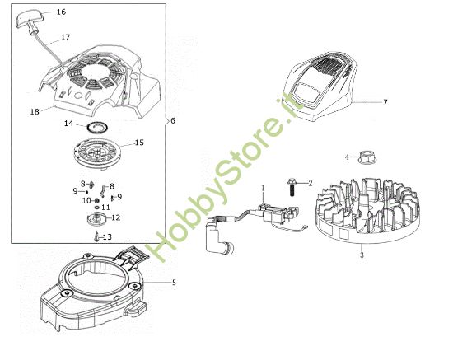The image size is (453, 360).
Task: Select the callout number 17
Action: point(66,37)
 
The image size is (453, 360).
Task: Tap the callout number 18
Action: point(35,110)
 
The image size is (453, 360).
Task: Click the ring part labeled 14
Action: point(97,125)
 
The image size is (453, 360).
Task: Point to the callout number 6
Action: point(173,121)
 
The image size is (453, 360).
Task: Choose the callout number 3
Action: point(361,255)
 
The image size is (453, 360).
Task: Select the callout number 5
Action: point(174,283)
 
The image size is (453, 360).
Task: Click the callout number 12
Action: point(116,218)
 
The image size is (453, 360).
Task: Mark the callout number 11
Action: point(105,207)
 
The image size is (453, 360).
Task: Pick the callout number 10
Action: point(86,200)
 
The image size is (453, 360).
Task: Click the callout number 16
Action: point(61,12)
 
